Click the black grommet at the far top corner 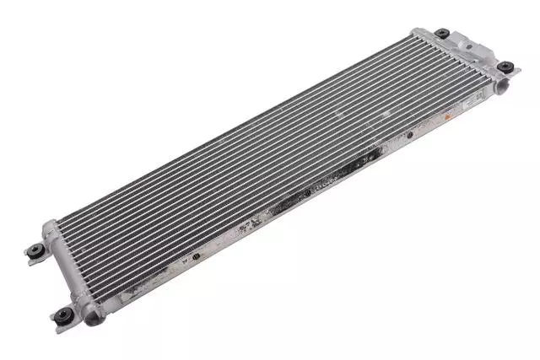pyautogui.click(x=441, y=34)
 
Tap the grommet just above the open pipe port pyautogui.click(x=504, y=67)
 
